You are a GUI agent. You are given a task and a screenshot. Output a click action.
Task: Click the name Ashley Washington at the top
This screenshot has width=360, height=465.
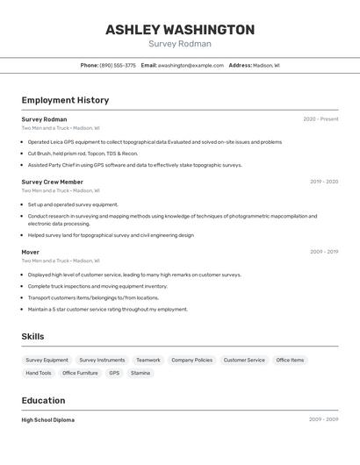pyautogui.click(x=180, y=29)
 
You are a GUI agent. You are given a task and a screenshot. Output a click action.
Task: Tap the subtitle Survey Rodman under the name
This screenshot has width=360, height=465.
pyautogui.click(x=180, y=44)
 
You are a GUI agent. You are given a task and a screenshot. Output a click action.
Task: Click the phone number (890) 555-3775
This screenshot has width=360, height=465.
pyautogui.click(x=118, y=65)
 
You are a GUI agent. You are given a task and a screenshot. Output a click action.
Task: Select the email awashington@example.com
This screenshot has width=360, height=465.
pyautogui.click(x=191, y=65)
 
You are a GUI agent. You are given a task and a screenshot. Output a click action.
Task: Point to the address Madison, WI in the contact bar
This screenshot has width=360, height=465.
pyautogui.click(x=266, y=65)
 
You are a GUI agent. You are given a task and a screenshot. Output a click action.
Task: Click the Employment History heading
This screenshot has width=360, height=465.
pyautogui.click(x=65, y=100)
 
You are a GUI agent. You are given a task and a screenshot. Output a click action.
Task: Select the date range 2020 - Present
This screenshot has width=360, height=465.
pyautogui.click(x=320, y=119)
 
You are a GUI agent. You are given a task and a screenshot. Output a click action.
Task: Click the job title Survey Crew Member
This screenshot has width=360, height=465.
pyautogui.click(x=52, y=182)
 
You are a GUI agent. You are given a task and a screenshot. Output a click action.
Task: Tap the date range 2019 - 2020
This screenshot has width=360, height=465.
pyautogui.click(x=323, y=182)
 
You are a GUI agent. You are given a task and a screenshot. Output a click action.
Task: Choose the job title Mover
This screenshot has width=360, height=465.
pyautogui.click(x=31, y=252)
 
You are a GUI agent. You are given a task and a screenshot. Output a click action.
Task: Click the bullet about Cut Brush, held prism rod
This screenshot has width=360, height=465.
pyautogui.click(x=83, y=154)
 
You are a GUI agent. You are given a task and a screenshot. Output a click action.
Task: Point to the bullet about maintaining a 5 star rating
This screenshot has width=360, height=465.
pyautogui.click(x=107, y=309)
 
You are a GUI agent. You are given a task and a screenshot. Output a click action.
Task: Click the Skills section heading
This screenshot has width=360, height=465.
pyautogui.click(x=32, y=336)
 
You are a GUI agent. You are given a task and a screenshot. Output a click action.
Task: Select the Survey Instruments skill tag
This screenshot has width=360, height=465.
pyautogui.click(x=102, y=360)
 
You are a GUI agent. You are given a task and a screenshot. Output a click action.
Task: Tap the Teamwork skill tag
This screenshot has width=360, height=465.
pyautogui.click(x=148, y=360)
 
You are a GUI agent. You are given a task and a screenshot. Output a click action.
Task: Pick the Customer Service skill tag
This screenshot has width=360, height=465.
pyautogui.click(x=244, y=360)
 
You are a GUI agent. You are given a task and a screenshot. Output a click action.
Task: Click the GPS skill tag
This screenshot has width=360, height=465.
pyautogui.click(x=114, y=373)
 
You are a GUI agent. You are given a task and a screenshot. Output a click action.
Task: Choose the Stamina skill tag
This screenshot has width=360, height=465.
pyautogui.click(x=140, y=373)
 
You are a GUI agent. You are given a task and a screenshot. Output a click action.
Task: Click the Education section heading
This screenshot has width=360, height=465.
pyautogui.click(x=44, y=400)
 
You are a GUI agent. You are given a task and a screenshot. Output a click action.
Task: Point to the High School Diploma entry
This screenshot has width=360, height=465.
pyautogui.click(x=48, y=420)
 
